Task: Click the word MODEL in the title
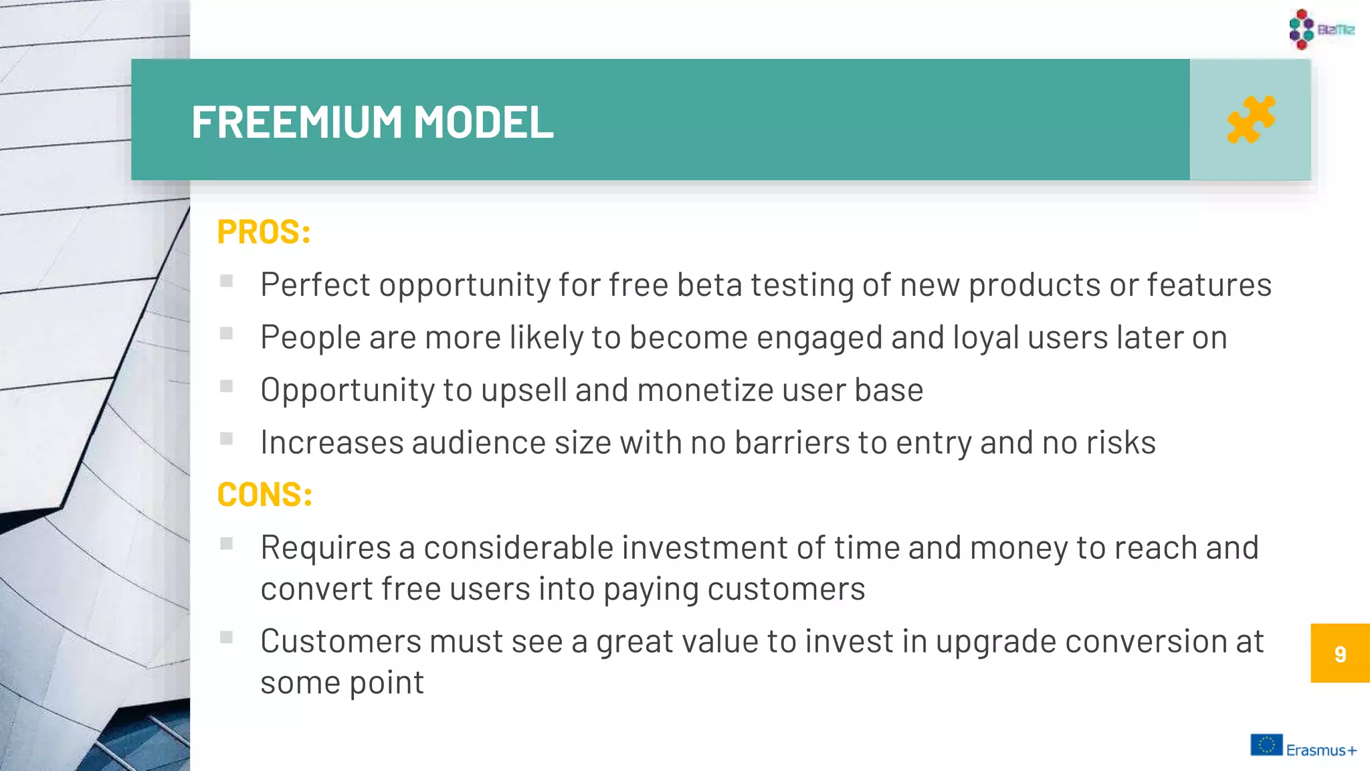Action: tap(483, 122)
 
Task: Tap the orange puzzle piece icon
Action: tap(1250, 120)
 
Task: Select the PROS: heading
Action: tap(264, 232)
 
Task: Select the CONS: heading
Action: tap(265, 495)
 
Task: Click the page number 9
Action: tap(1340, 654)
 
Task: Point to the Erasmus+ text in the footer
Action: tap(1321, 750)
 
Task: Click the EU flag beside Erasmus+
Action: tap(1266, 745)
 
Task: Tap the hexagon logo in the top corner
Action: tap(1302, 29)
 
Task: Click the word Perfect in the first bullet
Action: tap(315, 285)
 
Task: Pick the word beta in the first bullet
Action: tap(709, 285)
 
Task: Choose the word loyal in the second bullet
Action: tap(986, 338)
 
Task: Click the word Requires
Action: tap(325, 548)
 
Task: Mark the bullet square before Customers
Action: tap(227, 637)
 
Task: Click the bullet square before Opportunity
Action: tap(227, 386)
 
